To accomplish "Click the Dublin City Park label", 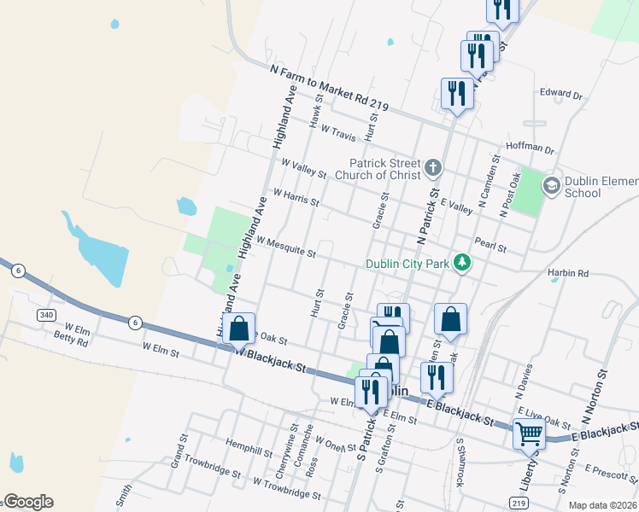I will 407,264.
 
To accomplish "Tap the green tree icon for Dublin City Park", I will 462,262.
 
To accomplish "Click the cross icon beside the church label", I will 433,166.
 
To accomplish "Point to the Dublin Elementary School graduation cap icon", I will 552,184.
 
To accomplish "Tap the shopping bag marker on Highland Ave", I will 239,328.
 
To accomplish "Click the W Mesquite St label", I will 285,247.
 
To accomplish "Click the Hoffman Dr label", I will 531,147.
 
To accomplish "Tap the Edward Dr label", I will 560,95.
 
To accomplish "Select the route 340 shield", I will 47,316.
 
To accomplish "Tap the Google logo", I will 27,502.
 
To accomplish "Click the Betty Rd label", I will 71,342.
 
